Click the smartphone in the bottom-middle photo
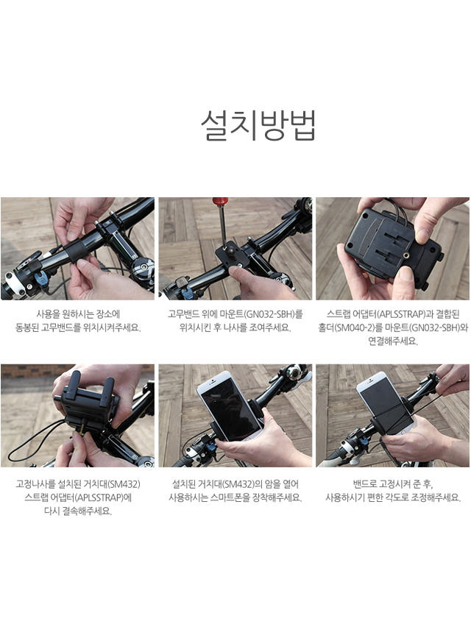(x=227, y=405)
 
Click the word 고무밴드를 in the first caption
(x=68, y=327)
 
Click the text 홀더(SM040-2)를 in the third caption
(x=349, y=327)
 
